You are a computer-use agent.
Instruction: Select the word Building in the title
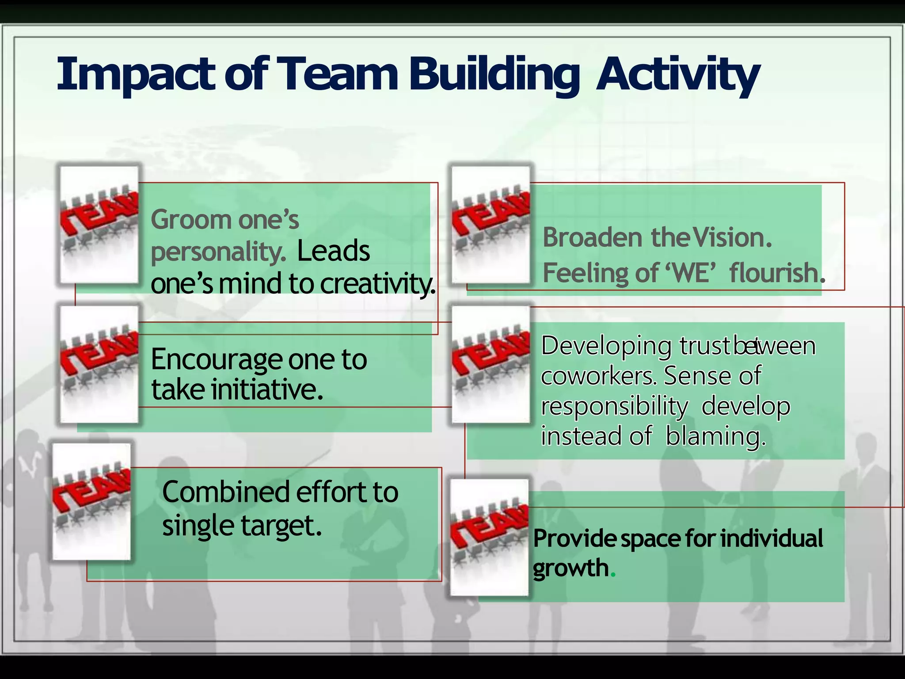[493, 74]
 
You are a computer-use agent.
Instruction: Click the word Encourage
[213, 359]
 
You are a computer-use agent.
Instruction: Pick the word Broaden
[592, 237]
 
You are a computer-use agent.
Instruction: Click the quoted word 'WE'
[690, 273]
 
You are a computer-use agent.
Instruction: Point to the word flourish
[774, 273]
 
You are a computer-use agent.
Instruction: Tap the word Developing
[605, 346]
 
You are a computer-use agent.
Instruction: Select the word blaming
[715, 436]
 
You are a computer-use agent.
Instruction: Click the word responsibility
[614, 406]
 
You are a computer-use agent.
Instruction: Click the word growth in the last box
[571, 568]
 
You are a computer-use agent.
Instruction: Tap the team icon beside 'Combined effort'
[91, 502]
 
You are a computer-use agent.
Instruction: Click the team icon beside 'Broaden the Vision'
[490, 225]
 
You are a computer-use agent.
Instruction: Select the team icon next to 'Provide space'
[489, 538]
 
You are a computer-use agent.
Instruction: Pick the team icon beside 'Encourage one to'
[99, 364]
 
